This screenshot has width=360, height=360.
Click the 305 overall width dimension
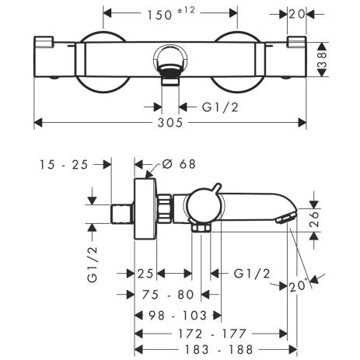tap(170, 123)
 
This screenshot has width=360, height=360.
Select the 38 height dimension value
tap(322, 60)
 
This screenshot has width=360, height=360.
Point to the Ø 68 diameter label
tap(179, 164)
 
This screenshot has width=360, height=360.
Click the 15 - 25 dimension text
tap(64, 165)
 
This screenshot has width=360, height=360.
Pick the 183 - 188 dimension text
tap(218, 350)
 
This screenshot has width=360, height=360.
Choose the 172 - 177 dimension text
tap(211, 334)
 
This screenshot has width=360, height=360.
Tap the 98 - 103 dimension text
tap(177, 316)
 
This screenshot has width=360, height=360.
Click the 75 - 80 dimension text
tap(168, 295)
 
